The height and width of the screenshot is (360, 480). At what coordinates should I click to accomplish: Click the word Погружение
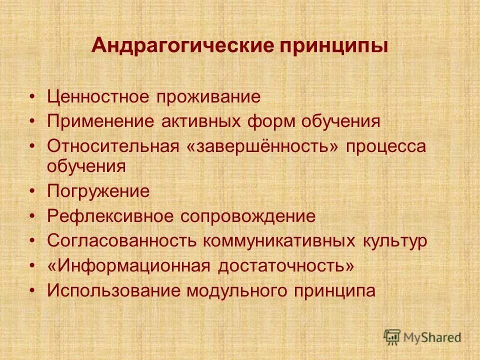(98, 191)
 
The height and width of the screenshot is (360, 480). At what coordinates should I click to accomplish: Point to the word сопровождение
(248, 216)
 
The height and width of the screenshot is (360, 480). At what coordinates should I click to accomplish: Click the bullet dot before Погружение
(32, 191)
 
